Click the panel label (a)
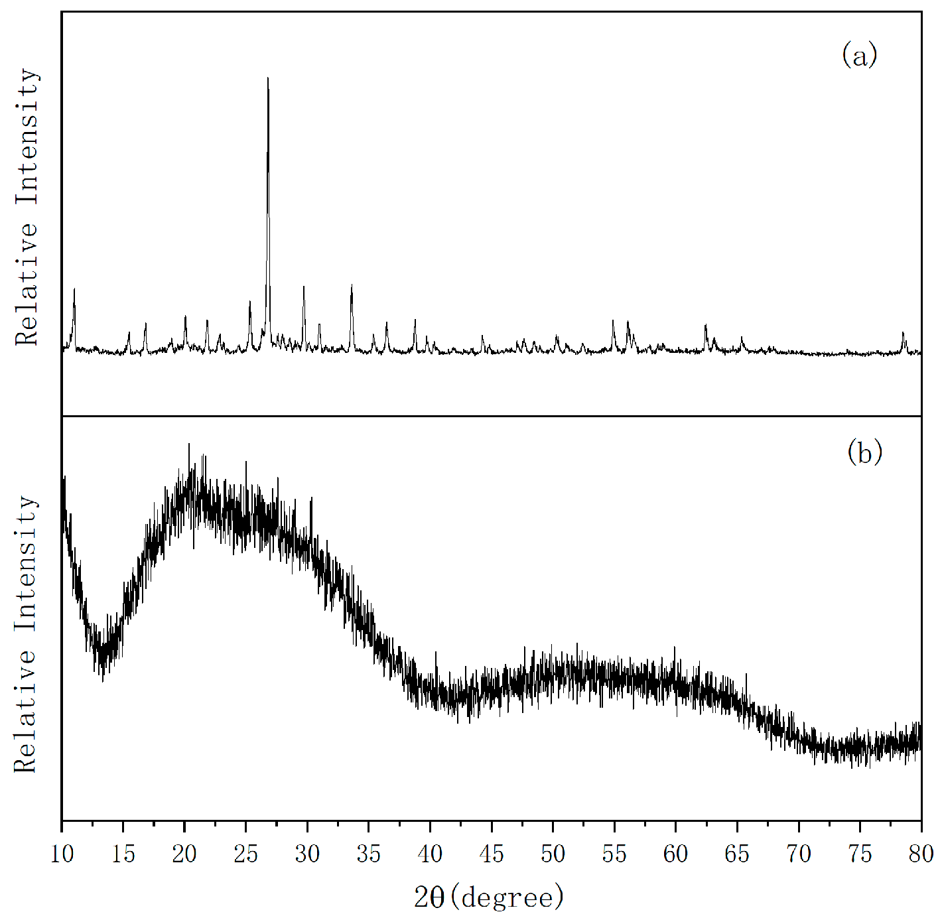point(859,54)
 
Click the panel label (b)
point(864,452)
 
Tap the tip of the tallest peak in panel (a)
point(267,78)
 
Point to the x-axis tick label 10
point(62,854)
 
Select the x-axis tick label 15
point(123,854)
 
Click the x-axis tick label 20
point(184,854)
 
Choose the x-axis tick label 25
point(246,854)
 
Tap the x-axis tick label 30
point(307,854)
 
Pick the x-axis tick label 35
point(369,854)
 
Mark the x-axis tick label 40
point(430,854)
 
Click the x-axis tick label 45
point(492,854)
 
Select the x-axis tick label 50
point(553,854)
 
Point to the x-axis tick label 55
point(614,854)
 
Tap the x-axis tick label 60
point(675,854)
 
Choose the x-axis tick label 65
point(737,854)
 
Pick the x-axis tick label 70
point(799,854)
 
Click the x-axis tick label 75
point(860,854)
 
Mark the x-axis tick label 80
point(921,854)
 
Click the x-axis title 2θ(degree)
point(490,897)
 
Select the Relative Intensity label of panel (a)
point(27,207)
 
